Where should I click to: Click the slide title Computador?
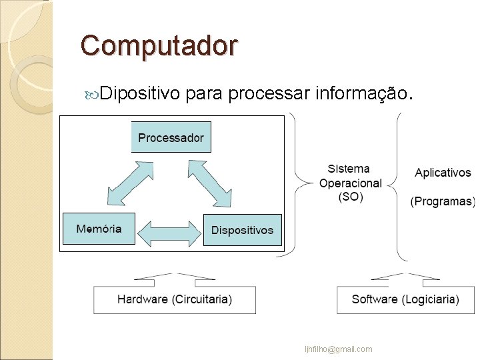(159, 46)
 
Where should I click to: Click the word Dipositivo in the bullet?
(141, 95)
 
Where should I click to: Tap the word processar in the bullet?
(271, 95)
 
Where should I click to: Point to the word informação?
(364, 95)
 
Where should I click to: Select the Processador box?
(171, 138)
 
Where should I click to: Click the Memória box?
(99, 229)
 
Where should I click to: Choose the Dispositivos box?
(242, 229)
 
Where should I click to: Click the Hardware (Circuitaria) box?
(175, 299)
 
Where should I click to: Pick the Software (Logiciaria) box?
(405, 299)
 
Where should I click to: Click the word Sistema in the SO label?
(349, 169)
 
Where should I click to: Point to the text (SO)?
(350, 197)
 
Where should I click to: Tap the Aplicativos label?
(443, 173)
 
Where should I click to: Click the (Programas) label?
(443, 201)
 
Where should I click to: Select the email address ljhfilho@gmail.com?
(338, 349)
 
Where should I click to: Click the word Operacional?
(351, 183)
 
